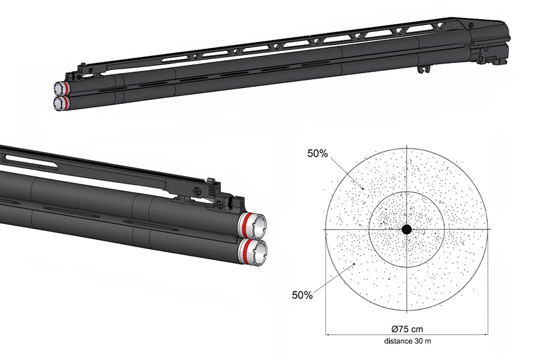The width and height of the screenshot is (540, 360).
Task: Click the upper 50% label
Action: click(x=317, y=154)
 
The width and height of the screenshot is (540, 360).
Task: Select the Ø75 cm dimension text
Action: click(x=406, y=328)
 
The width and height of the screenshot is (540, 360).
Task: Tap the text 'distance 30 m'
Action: click(x=406, y=341)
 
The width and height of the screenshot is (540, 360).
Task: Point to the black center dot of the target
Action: click(x=406, y=229)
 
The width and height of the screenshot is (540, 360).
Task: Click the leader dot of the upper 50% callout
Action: click(x=362, y=188)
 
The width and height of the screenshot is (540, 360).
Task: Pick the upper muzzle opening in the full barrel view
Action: click(x=59, y=89)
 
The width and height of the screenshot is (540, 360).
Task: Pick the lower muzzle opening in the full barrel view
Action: click(x=58, y=104)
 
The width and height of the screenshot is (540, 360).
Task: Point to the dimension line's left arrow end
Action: click(x=326, y=334)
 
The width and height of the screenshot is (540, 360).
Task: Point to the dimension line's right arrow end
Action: click(x=487, y=334)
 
